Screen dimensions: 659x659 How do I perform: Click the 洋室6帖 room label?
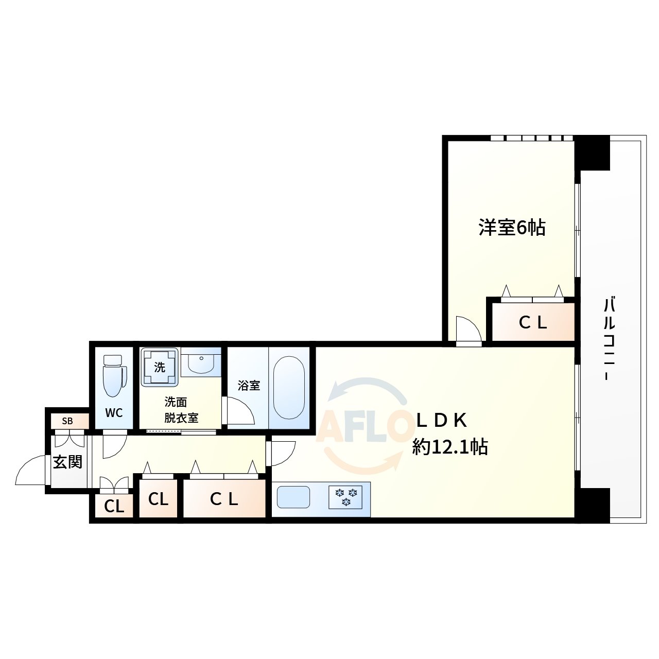[x=512, y=227]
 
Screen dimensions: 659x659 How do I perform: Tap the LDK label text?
[x=441, y=421]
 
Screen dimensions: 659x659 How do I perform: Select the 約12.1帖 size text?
[x=449, y=447]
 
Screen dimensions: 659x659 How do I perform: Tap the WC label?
[x=114, y=413]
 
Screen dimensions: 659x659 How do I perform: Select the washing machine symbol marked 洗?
[x=160, y=367]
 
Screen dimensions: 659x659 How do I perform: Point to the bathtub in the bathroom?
[x=289, y=388]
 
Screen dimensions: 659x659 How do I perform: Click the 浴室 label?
[x=249, y=385]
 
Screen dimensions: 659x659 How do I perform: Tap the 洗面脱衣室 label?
[x=181, y=410]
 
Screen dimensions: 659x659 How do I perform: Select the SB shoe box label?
[x=67, y=421]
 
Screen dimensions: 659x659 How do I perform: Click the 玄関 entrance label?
[x=68, y=462]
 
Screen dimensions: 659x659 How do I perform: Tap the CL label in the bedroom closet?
[x=532, y=323]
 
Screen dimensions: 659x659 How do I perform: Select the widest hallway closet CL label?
[x=224, y=499]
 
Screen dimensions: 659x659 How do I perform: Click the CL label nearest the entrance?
[x=114, y=507]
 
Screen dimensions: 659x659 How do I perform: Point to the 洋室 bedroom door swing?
[x=467, y=329]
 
